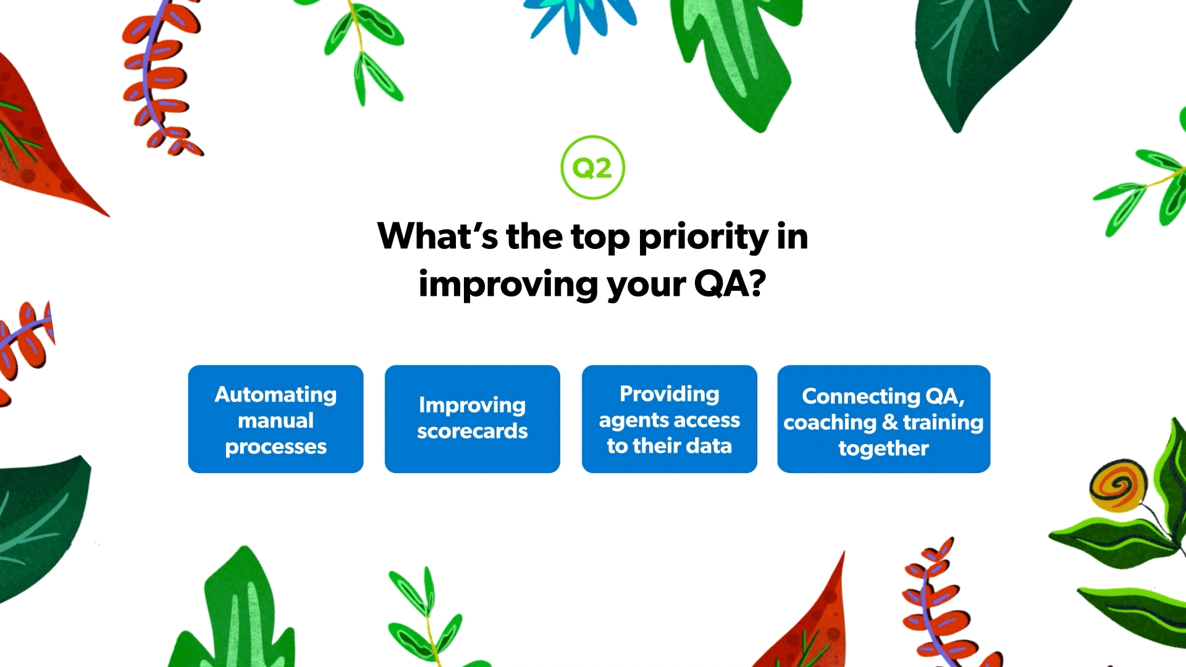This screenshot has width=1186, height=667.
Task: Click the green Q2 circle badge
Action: click(x=592, y=167)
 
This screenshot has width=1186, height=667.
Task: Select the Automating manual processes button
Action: click(x=275, y=419)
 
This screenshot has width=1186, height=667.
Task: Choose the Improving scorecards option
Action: click(x=472, y=419)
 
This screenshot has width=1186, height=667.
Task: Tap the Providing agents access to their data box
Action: click(x=669, y=419)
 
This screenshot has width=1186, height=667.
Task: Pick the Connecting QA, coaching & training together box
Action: click(x=883, y=419)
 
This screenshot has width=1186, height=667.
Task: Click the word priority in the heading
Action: click(x=703, y=238)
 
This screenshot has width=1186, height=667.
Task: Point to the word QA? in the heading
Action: click(x=730, y=285)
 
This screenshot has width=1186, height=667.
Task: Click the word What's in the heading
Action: click(x=437, y=237)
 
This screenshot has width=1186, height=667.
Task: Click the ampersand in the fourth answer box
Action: click(x=889, y=422)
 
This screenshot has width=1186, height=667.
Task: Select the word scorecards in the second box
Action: click(x=472, y=431)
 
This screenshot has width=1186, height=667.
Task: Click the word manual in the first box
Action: click(x=275, y=421)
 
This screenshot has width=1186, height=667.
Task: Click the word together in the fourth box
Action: click(x=883, y=449)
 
